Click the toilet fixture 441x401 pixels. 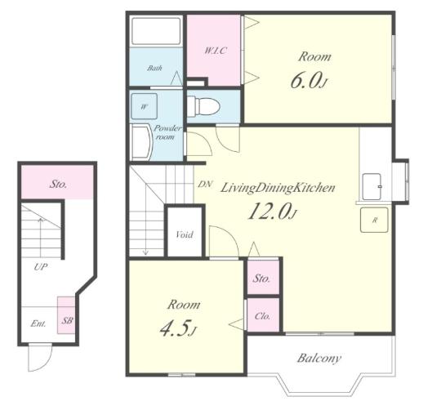(x=203, y=105)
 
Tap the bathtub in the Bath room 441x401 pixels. (x=156, y=31)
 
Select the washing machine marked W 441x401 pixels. (x=145, y=106)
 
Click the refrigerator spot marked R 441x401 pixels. (x=374, y=220)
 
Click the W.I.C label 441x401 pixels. (x=215, y=51)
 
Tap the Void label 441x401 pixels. (x=185, y=234)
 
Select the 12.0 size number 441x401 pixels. (x=272, y=212)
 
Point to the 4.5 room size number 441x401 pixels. (x=178, y=328)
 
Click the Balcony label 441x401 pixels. (x=319, y=359)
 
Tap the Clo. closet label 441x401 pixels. (x=263, y=316)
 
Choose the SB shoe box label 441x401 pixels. (x=67, y=320)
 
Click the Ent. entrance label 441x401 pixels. (x=38, y=323)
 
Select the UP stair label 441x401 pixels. (x=41, y=267)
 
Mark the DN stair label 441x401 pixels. (x=205, y=185)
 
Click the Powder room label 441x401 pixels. (x=167, y=132)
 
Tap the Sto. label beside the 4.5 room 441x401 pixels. (x=261, y=278)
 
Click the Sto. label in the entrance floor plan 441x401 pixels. (x=59, y=185)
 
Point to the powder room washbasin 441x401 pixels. (x=142, y=143)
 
